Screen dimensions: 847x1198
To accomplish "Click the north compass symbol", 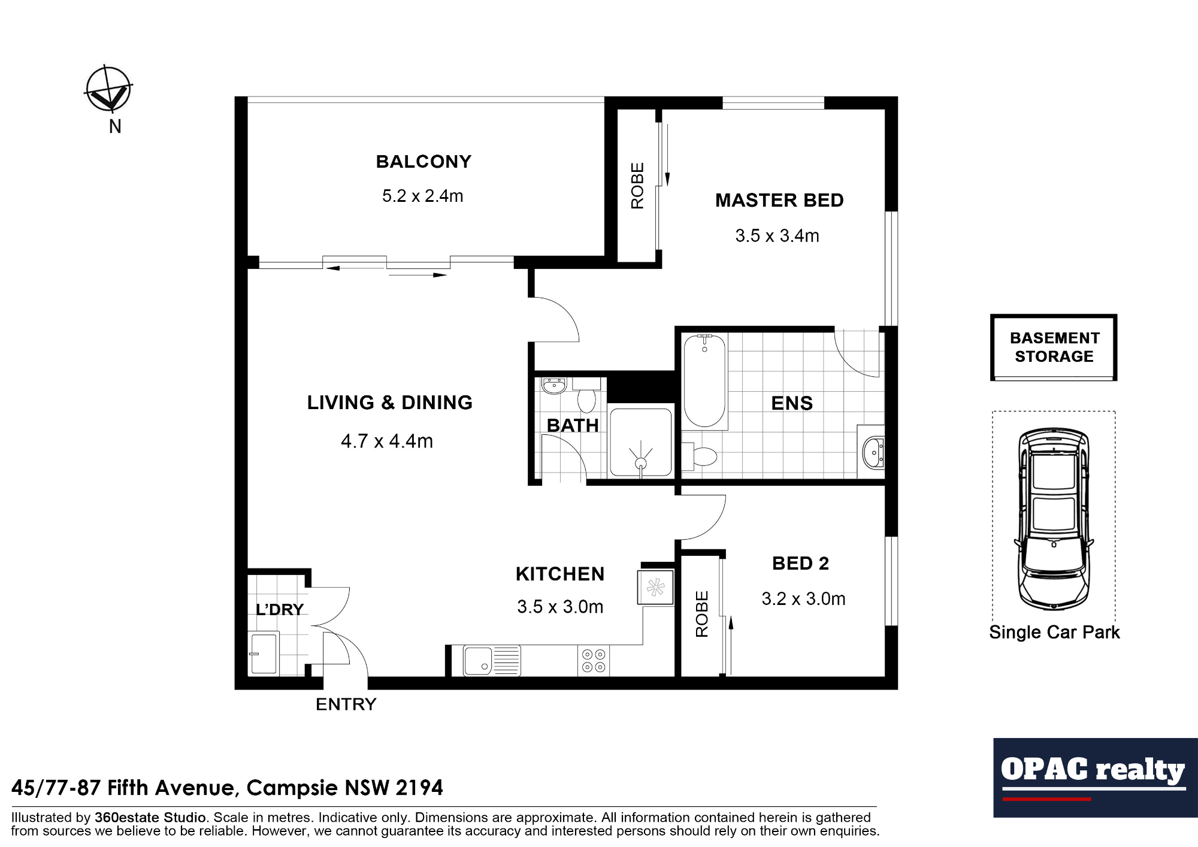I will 108,90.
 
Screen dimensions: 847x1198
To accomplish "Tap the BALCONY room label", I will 423,162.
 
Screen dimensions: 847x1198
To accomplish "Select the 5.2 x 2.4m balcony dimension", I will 422,196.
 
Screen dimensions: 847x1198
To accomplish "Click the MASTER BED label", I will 779,201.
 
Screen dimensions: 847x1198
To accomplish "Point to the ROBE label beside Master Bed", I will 637,186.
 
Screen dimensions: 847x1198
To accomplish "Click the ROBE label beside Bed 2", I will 701,614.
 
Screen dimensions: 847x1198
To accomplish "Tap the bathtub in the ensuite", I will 704,380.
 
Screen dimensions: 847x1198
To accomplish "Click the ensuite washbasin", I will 872,452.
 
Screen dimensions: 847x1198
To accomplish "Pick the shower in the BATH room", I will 640,443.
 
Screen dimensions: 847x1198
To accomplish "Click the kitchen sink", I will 479,661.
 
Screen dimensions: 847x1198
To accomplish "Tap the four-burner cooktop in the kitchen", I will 594,661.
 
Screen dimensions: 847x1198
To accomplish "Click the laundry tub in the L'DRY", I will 264,653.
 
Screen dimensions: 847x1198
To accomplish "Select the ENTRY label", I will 346,704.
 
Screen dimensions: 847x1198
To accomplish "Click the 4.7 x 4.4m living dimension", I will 387,441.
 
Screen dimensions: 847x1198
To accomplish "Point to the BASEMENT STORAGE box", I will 1054,347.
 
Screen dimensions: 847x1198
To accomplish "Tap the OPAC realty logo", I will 1094,777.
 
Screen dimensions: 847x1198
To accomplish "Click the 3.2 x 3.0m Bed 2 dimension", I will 803,599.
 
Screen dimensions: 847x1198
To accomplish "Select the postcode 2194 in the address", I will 419,788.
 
